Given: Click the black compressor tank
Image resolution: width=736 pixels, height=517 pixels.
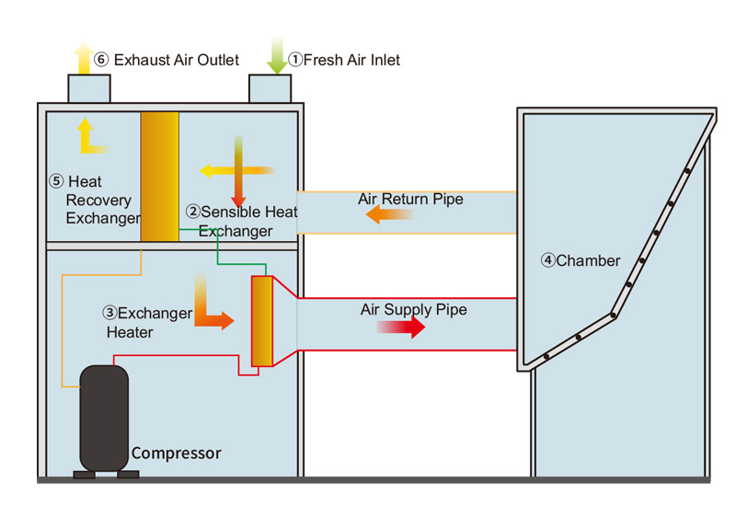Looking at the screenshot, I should tap(103, 419).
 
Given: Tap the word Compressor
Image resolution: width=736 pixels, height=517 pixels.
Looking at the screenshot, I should tap(176, 453).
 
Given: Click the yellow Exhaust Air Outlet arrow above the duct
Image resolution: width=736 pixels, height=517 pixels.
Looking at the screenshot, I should tap(82, 57).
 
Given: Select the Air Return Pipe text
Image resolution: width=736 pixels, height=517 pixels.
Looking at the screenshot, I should tap(410, 199).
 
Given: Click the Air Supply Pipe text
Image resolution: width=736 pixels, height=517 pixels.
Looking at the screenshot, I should tap(413, 310).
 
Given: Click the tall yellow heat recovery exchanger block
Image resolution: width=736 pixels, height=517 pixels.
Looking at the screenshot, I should tap(159, 176).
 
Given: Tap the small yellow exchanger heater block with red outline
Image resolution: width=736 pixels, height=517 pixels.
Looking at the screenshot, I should tap(262, 321).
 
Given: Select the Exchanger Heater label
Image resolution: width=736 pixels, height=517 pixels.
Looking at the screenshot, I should tap(147, 322).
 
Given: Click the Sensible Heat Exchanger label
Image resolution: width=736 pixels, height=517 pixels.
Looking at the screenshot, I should tap(241, 222).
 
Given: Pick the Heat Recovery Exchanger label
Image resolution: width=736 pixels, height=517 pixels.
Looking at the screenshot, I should tap(98, 201).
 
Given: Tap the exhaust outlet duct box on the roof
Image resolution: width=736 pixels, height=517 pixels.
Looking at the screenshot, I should tap(89, 88).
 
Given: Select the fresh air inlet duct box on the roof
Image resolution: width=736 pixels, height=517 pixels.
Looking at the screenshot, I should tap(270, 88).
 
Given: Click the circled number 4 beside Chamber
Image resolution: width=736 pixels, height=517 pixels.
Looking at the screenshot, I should tap(547, 260).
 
